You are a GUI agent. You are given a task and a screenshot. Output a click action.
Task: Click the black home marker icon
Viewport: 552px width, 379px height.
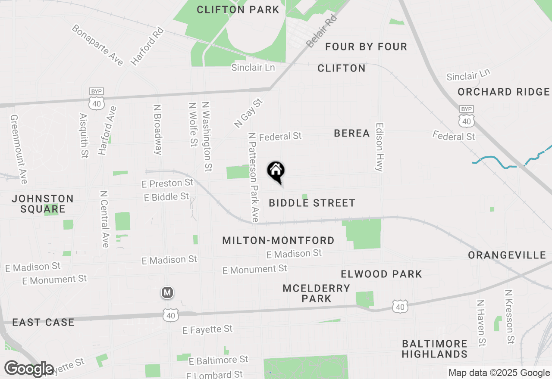(276, 171)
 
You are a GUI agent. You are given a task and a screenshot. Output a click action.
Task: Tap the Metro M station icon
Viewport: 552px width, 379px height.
(167, 293)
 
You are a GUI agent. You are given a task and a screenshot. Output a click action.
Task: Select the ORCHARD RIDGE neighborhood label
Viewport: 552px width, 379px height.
(504, 92)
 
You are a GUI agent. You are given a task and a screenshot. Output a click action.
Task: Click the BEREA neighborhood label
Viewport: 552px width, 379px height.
(352, 134)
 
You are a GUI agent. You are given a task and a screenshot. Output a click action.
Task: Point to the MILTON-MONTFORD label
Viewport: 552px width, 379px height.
(278, 240)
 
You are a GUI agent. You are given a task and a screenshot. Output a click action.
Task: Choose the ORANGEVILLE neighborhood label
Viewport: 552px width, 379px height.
(507, 255)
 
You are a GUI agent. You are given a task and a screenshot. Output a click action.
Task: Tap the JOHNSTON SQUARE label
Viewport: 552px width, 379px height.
(43, 204)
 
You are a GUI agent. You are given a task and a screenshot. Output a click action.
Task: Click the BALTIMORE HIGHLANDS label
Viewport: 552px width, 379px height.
(435, 349)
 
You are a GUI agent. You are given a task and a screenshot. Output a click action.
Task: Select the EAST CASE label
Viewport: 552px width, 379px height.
(43, 322)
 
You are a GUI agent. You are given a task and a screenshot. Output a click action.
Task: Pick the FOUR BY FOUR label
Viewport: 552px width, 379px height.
(366, 47)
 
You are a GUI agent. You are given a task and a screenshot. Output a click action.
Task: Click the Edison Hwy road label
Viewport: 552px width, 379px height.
(379, 147)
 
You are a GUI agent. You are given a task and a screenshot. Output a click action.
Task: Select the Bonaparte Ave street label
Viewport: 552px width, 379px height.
(98, 45)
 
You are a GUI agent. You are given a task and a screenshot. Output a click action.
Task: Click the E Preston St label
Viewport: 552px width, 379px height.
(167, 183)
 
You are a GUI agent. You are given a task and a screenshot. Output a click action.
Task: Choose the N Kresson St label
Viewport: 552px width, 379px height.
(510, 317)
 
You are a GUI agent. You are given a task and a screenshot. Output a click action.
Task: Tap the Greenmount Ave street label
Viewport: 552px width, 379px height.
(19, 149)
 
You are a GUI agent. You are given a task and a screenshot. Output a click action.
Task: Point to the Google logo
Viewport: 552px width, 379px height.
(29, 369)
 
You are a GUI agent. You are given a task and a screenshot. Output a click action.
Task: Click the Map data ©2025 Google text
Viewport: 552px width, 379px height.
(499, 373)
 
